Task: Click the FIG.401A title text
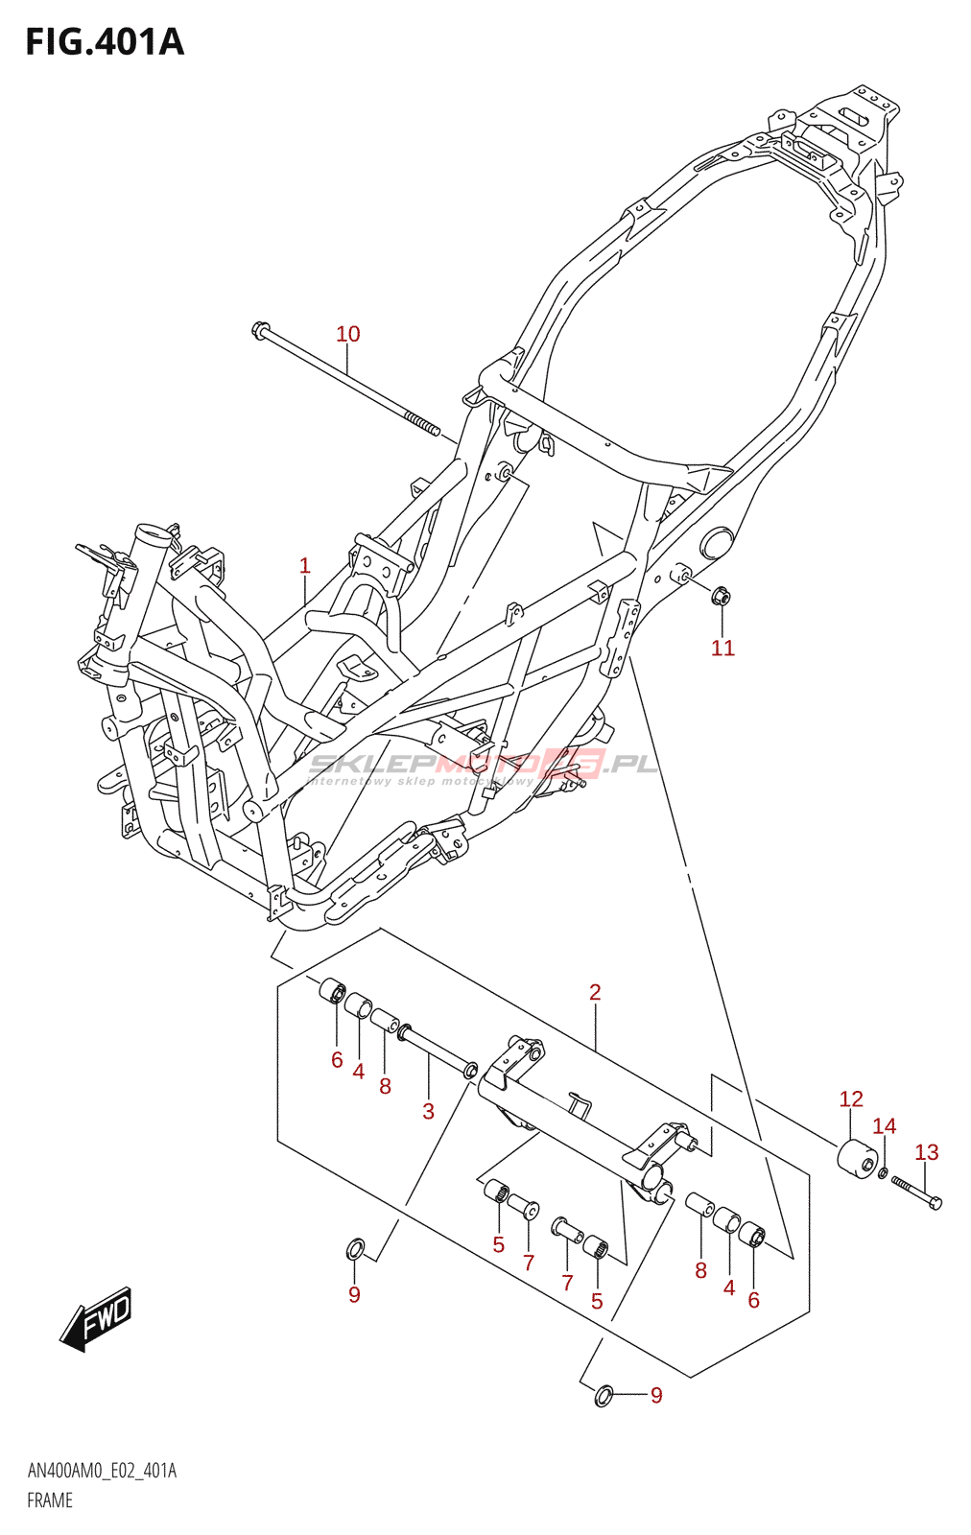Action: coord(104,42)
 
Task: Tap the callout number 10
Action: coord(347,334)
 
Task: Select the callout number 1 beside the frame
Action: coord(305,566)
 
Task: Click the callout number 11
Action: coord(722,649)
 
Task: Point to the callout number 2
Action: coord(595,992)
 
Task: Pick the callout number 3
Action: coord(428,1111)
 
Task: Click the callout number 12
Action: coord(851,1098)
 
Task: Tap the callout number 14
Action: coord(884,1126)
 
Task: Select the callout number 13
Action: coord(926,1152)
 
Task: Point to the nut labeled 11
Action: coord(722,597)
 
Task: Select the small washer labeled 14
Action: coord(883,1172)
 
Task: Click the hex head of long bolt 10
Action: coord(260,329)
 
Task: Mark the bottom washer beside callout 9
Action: coord(604,1394)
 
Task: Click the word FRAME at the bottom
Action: coord(50,1500)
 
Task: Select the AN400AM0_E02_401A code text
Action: coord(102,1471)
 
